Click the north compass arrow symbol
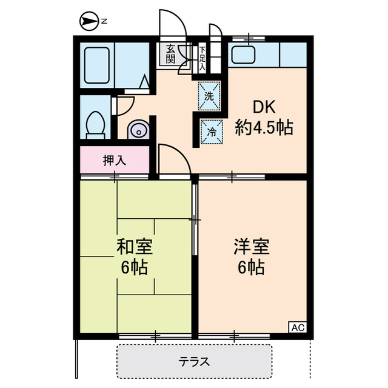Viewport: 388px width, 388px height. (89, 22)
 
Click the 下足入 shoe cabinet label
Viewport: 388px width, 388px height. (202, 58)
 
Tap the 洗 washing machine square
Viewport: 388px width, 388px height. (209, 96)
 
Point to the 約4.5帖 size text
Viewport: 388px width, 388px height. (264, 128)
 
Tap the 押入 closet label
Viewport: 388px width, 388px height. (114, 161)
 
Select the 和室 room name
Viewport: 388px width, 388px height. (135, 247)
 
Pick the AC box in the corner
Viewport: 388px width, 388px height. (297, 327)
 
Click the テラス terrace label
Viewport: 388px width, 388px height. (194, 362)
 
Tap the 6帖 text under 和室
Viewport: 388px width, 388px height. (135, 267)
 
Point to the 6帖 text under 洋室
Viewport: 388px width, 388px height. (251, 267)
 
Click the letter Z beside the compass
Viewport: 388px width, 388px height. (104, 22)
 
